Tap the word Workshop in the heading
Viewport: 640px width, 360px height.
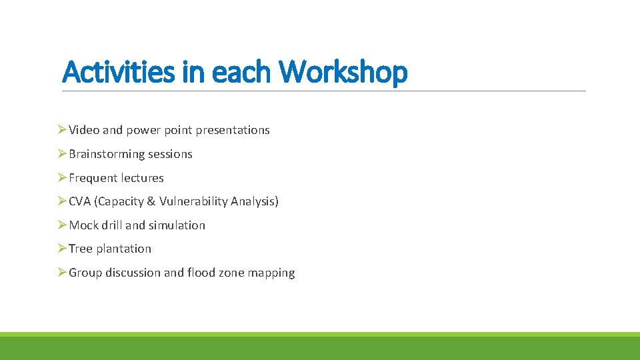[343, 72]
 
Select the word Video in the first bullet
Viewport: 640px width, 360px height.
[84, 130]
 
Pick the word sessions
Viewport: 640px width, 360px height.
[170, 154]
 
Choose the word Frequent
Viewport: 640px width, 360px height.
[92, 178]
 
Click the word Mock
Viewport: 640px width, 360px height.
[83, 225]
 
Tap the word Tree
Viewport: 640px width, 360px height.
[81, 249]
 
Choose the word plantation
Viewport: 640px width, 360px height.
[124, 249]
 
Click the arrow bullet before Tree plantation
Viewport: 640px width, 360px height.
[62, 249]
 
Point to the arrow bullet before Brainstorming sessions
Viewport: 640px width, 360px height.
[62, 154]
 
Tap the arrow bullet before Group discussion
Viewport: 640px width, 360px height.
[62, 273]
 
